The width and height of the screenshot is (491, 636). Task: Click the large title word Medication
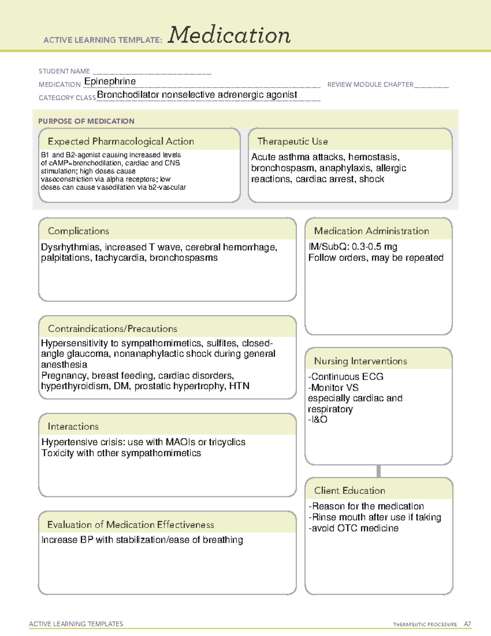229,35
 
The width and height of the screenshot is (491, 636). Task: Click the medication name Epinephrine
110,81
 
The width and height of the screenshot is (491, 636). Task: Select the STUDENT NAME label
64,71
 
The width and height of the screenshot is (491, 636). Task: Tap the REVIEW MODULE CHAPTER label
370,84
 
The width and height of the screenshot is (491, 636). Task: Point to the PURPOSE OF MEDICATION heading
86,121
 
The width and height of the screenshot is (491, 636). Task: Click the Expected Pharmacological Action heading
121,141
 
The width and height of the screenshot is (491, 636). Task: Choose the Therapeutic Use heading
293,141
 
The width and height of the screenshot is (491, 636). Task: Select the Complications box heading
79,231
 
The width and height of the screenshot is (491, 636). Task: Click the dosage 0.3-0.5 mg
374,247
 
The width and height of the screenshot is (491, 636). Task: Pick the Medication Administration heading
372,231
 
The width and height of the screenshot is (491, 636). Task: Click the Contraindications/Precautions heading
113,328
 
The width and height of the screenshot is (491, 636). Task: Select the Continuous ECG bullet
346,377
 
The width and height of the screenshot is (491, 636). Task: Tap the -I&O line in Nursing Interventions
318,420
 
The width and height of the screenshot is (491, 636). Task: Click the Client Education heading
349,491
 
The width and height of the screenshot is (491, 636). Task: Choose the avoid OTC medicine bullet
354,528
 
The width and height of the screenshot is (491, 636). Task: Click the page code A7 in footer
467,624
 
